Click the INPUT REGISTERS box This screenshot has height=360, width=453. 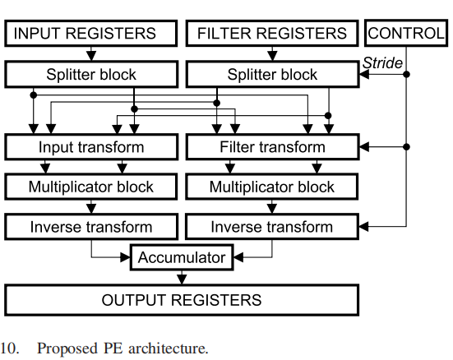[91, 33]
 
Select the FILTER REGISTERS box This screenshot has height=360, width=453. [272, 33]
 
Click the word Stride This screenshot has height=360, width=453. [383, 62]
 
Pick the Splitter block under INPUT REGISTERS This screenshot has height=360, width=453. [91, 75]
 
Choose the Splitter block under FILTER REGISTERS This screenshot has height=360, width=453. [272, 75]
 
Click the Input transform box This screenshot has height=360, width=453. [91, 148]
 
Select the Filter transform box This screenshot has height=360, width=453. [272, 148]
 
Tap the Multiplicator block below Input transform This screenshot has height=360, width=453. [91, 187]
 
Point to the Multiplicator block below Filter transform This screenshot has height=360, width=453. [272, 187]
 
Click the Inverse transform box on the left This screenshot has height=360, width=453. [91, 226]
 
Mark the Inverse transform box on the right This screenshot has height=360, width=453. [272, 226]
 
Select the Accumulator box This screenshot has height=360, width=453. [181, 257]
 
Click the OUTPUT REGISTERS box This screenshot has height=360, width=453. [182, 300]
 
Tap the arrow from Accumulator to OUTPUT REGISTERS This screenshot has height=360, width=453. [181, 278]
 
